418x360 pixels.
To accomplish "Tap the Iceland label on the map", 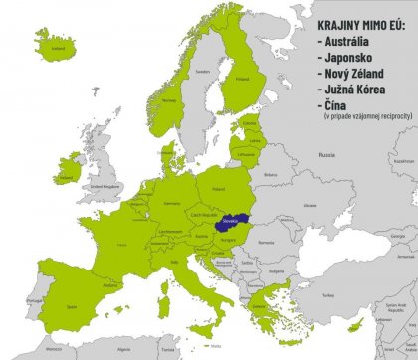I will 57,46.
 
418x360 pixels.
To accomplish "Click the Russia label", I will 326,155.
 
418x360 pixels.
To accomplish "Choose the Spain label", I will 71,307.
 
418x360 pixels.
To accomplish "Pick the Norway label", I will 168,100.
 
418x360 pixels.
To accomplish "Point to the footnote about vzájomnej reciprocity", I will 367,116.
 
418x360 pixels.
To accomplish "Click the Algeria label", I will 124,350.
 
